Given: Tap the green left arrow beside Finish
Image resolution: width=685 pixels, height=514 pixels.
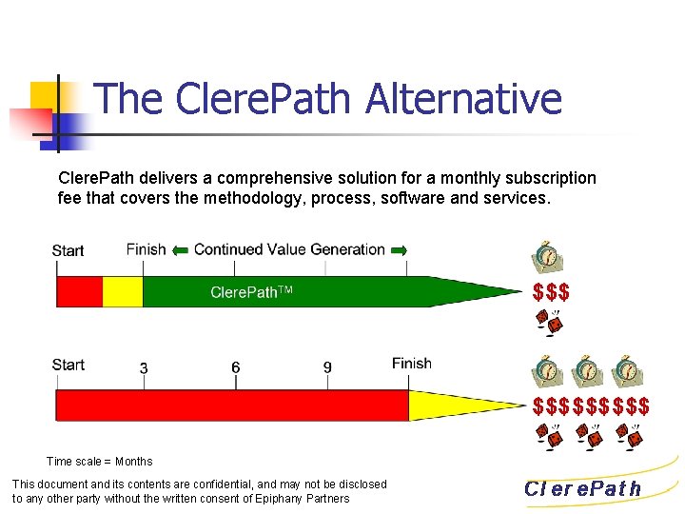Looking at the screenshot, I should (180, 249).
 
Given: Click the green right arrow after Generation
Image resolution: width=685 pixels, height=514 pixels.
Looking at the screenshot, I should (400, 249).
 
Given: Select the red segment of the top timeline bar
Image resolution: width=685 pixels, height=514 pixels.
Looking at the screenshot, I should (79, 291).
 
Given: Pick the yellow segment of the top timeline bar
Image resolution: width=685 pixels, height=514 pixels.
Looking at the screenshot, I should (122, 291).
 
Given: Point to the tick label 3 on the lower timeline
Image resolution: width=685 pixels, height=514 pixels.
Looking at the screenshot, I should (143, 367).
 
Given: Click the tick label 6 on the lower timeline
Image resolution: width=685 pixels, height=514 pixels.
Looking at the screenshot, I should (235, 367).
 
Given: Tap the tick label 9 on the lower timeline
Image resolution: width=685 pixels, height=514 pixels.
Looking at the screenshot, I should (327, 367).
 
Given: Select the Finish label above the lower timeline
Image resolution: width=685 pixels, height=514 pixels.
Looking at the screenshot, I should (411, 363).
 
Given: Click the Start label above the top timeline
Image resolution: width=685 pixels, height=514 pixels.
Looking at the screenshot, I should (68, 250).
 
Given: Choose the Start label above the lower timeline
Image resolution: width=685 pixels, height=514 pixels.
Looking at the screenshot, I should (68, 365).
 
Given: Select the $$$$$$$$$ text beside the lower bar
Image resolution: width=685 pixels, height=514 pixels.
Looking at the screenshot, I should (591, 407).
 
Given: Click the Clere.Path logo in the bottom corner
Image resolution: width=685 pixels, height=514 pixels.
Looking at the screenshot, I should (583, 489).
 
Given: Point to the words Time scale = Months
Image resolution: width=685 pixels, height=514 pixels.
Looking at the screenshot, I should (99, 462).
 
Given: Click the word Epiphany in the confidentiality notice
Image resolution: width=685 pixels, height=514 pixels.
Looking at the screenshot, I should (295, 498).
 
